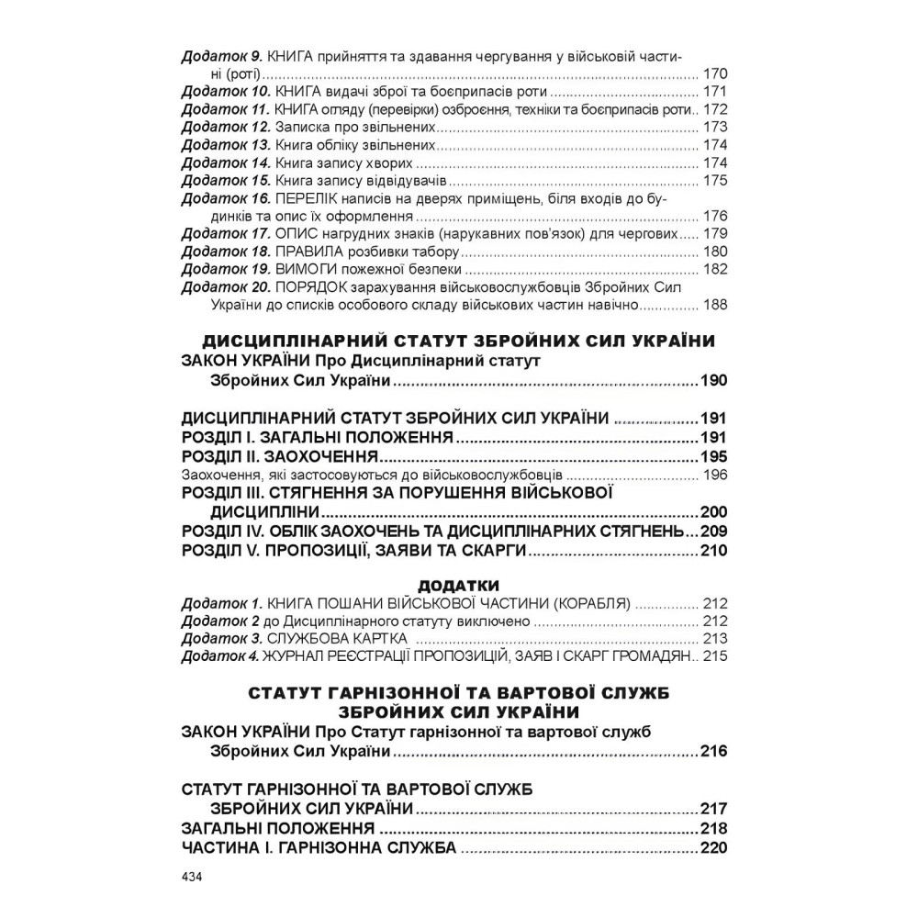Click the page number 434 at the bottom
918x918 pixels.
point(192,876)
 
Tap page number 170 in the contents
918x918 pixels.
point(714,73)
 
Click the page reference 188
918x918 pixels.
point(714,305)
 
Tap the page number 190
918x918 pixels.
point(713,381)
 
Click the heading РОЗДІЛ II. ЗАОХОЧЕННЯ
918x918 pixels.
point(281,456)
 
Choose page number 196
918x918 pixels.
point(714,475)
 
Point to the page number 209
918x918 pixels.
point(713,532)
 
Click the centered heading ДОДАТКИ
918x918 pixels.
point(458,585)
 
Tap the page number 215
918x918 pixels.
point(714,655)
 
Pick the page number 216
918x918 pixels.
point(713,751)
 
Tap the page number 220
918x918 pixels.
point(713,846)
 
